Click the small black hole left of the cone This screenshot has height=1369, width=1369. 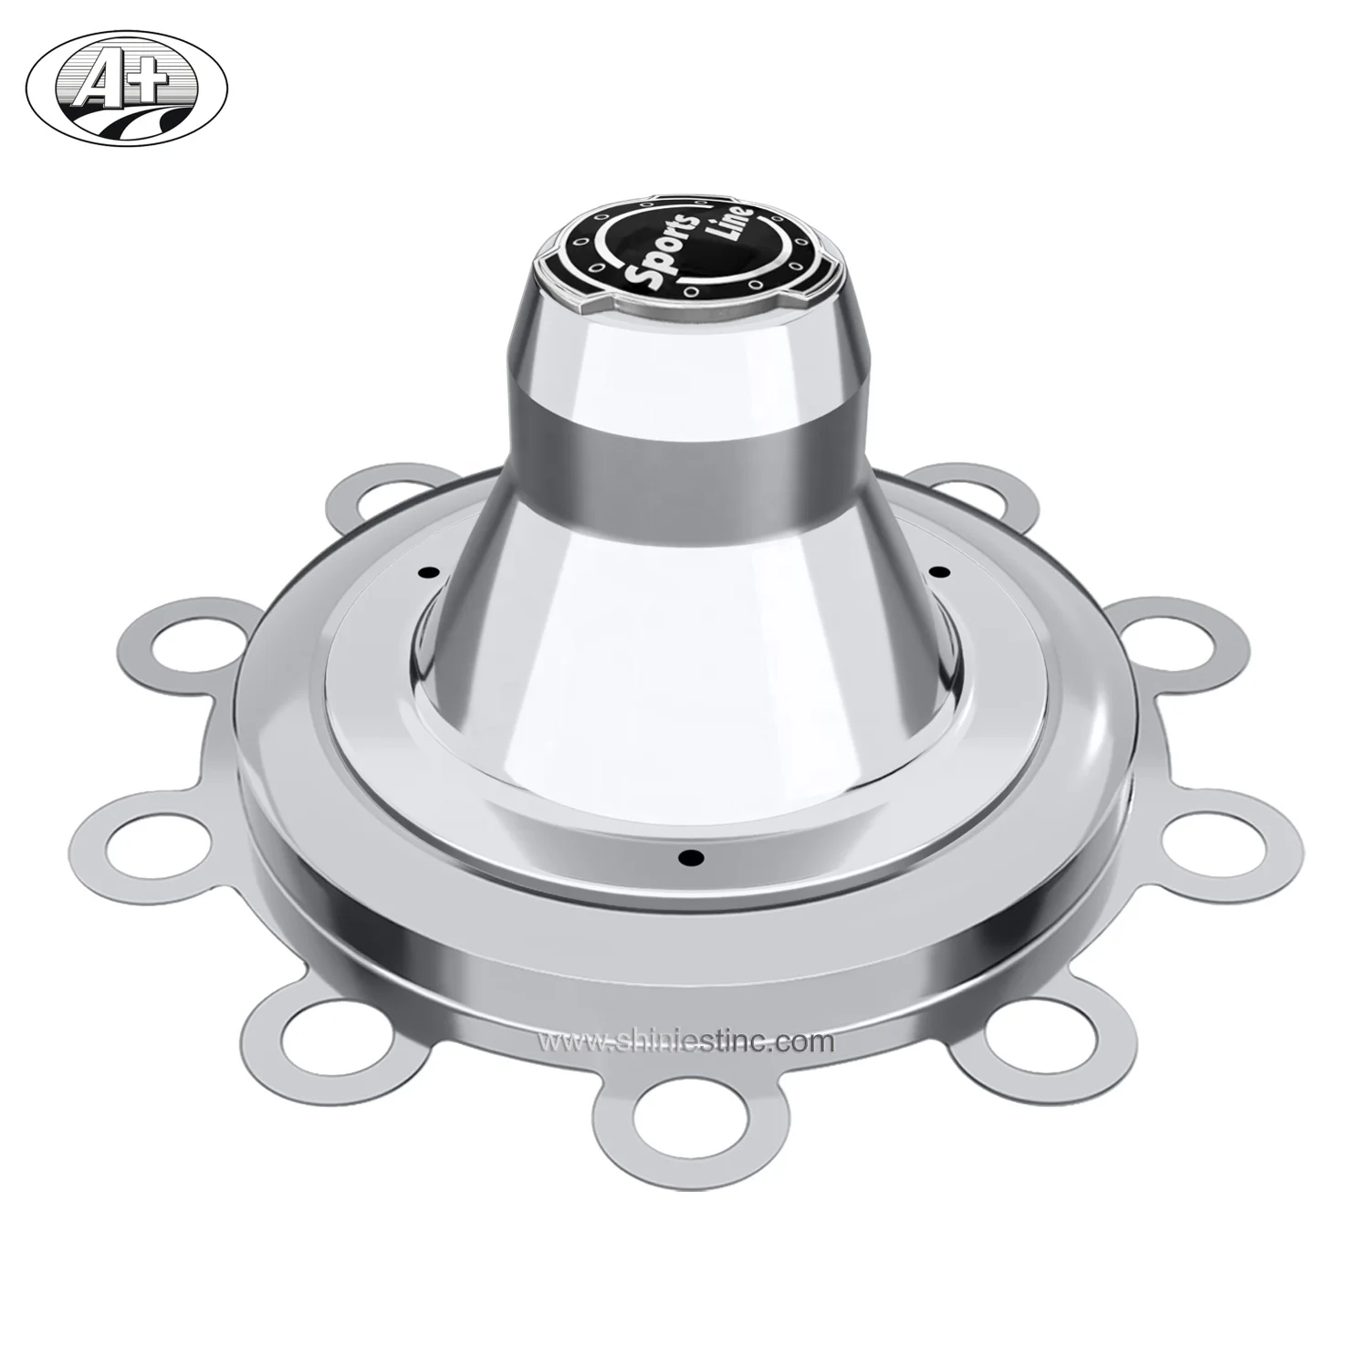point(426,572)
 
